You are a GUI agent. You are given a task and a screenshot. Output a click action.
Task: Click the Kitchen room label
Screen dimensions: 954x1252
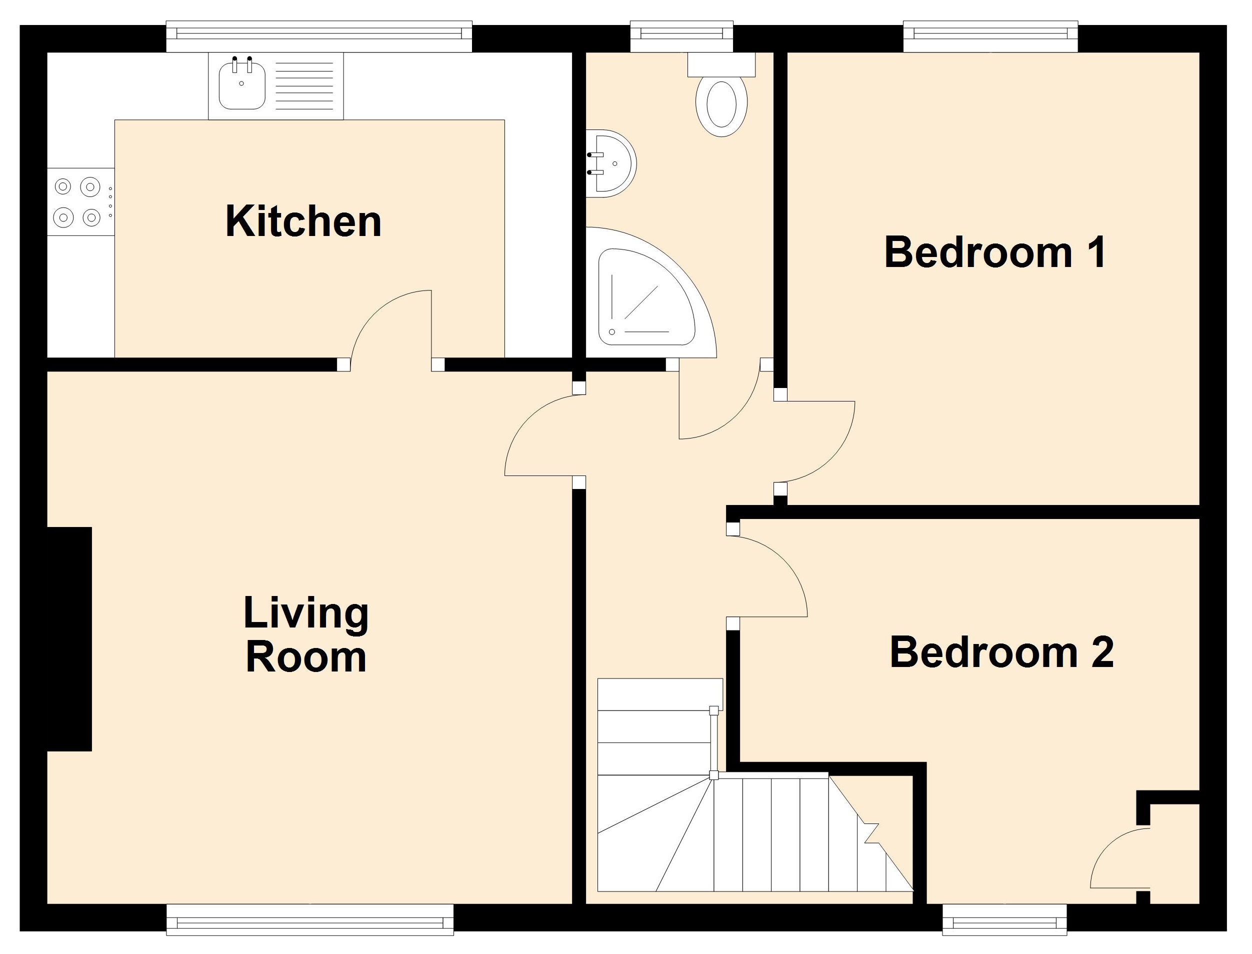(303, 221)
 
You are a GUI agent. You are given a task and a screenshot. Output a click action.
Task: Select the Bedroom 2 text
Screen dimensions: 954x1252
(1001, 652)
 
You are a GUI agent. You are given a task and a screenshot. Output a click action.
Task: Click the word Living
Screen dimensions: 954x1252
(306, 613)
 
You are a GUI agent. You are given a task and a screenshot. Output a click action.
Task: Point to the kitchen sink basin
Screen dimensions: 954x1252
(242, 86)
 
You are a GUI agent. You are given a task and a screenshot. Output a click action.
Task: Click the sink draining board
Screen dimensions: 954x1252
(304, 86)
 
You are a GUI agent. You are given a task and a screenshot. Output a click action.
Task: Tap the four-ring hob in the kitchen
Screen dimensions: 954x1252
(80, 201)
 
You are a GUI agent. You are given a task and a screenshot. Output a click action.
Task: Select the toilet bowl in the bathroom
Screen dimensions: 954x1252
(721, 105)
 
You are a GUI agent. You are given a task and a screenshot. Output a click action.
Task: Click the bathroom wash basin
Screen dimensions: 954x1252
(610, 163)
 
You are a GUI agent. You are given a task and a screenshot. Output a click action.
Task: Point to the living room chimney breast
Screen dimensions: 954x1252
(68, 639)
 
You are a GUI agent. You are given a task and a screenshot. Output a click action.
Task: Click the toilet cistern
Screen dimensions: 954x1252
(721, 64)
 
